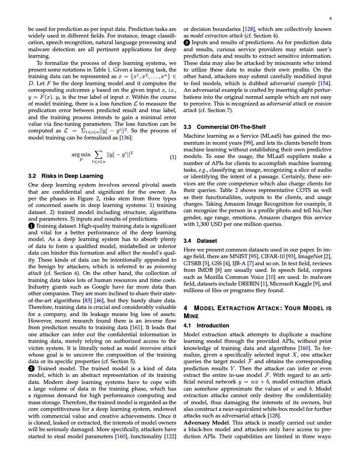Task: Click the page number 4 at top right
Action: (x=330, y=19)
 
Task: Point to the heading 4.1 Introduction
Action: (x=206, y=326)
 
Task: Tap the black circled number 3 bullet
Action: (x=187, y=42)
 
